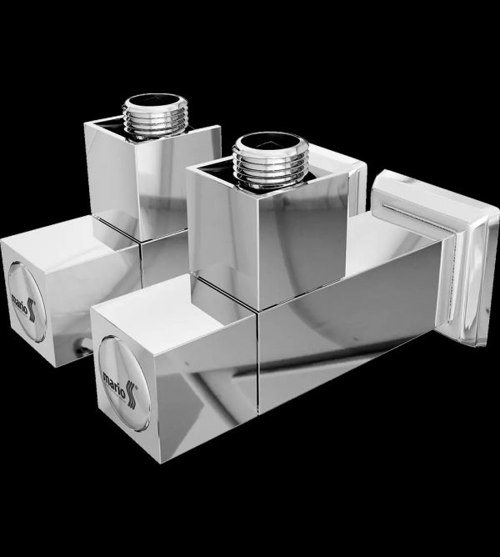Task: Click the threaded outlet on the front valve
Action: (270, 160)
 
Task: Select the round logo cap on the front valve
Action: (124, 383)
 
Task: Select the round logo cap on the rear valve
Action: (27, 302)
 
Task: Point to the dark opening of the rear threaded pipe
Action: (153, 101)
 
